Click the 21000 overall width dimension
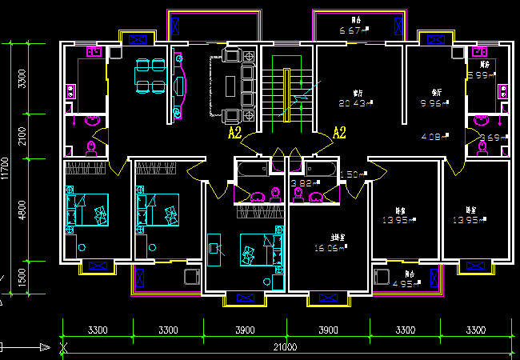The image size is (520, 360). (x=286, y=347)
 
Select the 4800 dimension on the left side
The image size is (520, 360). (x=22, y=210)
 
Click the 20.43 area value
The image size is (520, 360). (x=351, y=102)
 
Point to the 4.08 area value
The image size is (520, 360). (x=433, y=136)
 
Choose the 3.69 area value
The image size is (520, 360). (x=490, y=138)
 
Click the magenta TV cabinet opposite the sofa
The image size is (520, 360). (x=180, y=84)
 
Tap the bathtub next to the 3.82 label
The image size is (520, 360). (x=252, y=170)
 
